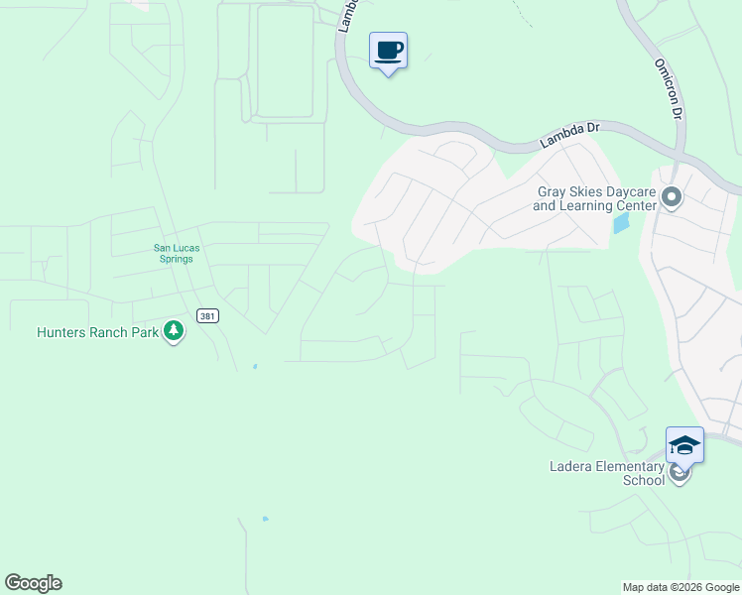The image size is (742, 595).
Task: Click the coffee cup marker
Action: click(x=389, y=51)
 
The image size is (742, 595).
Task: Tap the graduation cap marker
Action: click(x=684, y=444)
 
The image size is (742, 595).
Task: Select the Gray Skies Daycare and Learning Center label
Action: click(x=595, y=198)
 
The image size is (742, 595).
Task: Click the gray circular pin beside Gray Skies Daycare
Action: click(x=672, y=198)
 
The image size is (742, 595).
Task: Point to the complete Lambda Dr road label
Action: click(x=570, y=135)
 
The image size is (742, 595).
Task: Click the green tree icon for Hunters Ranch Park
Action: click(x=174, y=330)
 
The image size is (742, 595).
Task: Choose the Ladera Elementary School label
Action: click(x=607, y=473)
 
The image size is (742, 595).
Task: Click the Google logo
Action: click(x=33, y=583)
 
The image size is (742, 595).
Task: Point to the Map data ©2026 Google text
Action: click(x=680, y=587)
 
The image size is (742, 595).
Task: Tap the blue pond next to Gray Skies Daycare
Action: click(x=621, y=223)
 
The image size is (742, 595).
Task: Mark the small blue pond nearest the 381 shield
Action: click(x=255, y=366)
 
